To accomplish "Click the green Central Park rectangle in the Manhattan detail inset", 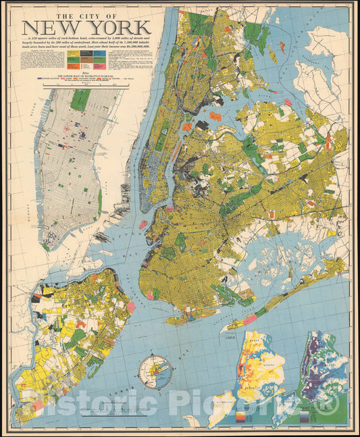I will [x=80, y=100].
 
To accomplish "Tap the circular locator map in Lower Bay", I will [x=155, y=371].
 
